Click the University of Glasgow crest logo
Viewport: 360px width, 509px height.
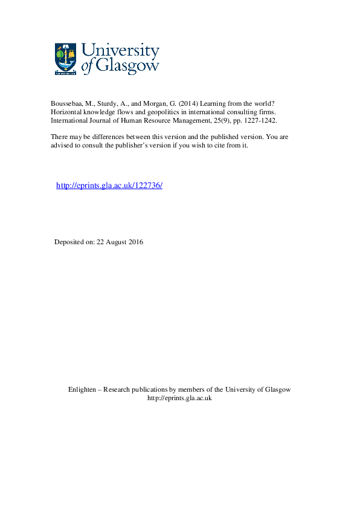pyautogui.click(x=66, y=59)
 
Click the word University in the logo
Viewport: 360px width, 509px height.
pyautogui.click(x=120, y=51)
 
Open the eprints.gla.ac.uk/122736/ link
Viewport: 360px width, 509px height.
pyautogui.click(x=109, y=186)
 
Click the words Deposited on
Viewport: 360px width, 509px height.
pyautogui.click(x=74, y=242)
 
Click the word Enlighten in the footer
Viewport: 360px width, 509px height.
pyautogui.click(x=83, y=390)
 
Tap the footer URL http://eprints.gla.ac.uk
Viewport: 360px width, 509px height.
pyautogui.click(x=179, y=398)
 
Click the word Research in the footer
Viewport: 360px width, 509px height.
pyautogui.click(x=117, y=390)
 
